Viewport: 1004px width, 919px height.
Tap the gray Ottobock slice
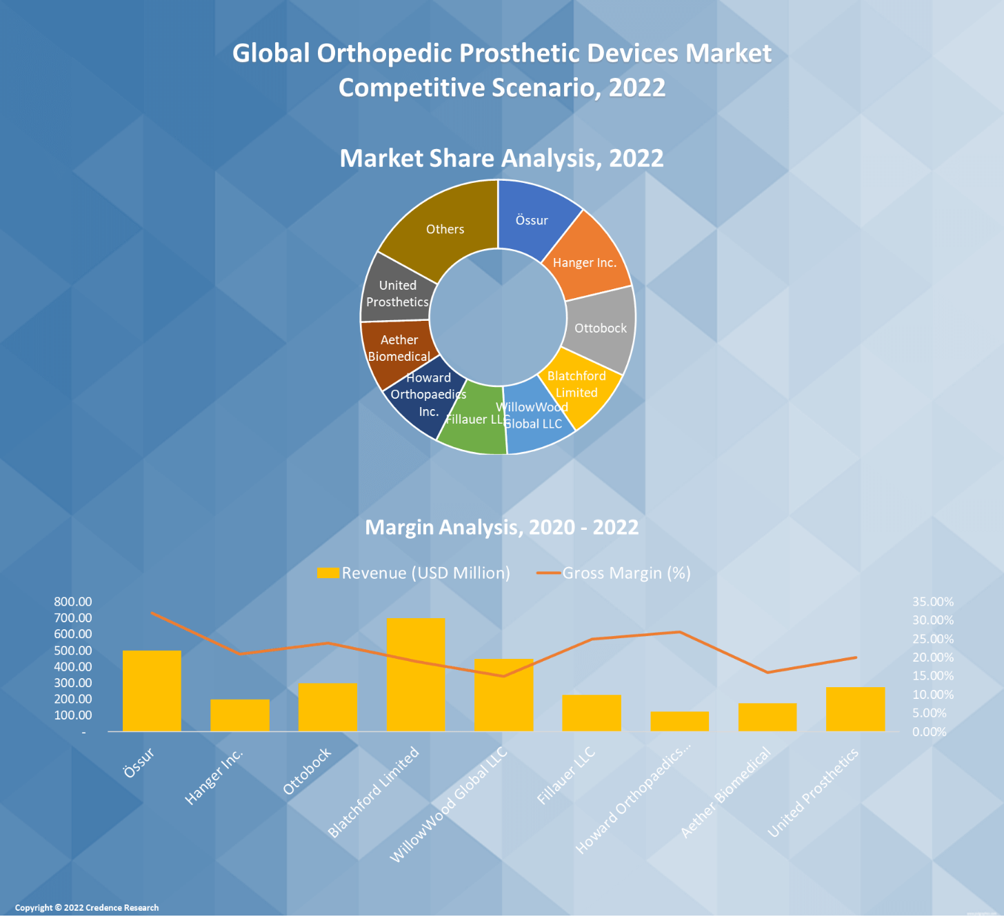point(601,328)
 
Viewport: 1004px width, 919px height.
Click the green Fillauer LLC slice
point(472,421)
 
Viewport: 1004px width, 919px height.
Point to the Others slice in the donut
point(445,229)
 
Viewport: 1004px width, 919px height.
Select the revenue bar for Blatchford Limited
point(416,674)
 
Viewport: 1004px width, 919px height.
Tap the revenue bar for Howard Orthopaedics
point(679,721)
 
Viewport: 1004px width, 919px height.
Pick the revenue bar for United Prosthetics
point(855,709)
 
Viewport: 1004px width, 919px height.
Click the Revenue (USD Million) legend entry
point(414,573)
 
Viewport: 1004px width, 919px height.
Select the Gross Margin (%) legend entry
point(614,573)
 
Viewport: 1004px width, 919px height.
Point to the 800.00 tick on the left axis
point(73,602)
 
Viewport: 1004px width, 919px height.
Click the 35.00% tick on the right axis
point(933,602)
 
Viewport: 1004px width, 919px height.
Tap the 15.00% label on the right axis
point(933,676)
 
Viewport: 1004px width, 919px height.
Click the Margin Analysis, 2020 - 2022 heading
point(501,527)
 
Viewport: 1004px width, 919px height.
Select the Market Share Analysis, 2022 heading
point(501,158)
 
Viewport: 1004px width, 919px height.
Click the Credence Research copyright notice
point(87,907)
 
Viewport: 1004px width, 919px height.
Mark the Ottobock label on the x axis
point(308,771)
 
